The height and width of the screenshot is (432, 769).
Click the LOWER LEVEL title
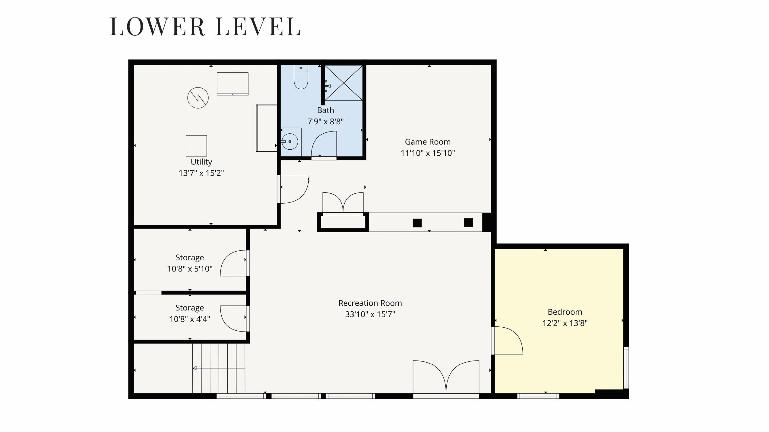(205, 27)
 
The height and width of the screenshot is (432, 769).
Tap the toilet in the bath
(301, 77)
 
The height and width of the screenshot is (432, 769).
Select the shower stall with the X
(343, 83)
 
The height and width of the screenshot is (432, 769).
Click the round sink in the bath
(290, 141)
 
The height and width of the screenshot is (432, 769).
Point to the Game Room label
(428, 142)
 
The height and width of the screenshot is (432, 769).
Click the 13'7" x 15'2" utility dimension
(201, 173)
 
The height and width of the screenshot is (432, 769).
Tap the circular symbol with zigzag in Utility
(198, 98)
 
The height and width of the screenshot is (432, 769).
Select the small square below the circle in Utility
(196, 146)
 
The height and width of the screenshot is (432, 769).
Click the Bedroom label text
(565, 312)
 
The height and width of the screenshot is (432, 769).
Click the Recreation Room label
(370, 303)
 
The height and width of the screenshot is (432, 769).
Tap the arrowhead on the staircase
(195, 368)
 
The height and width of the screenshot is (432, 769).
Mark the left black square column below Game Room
(417, 223)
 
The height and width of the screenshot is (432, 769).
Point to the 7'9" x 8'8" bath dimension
(325, 122)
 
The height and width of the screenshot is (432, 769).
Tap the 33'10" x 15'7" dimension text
(370, 314)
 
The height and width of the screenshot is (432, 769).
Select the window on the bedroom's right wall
(626, 367)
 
